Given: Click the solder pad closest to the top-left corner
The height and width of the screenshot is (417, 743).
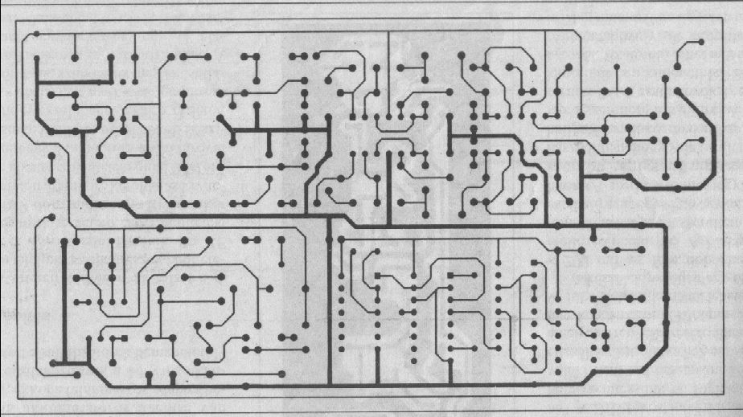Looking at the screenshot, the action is click(37, 35).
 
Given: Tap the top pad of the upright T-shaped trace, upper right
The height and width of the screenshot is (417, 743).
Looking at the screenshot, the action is click(616, 67).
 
